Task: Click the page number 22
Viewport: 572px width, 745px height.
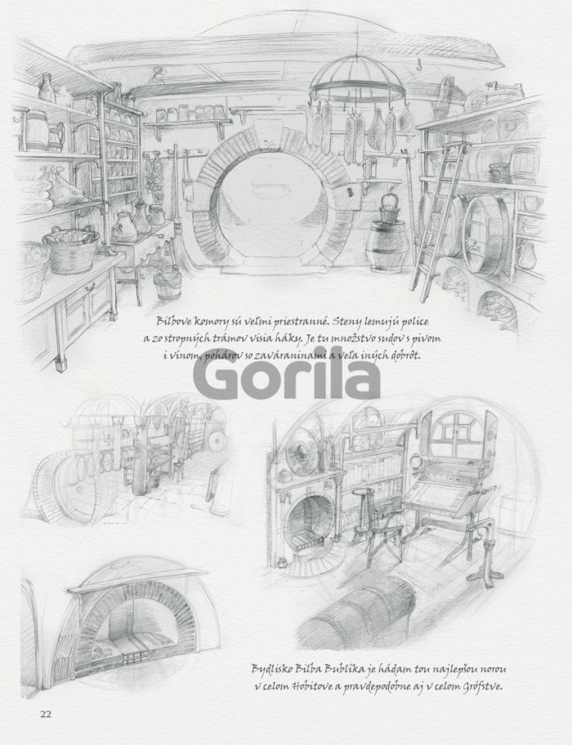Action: [46, 714]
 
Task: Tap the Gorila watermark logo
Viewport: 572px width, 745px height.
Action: [287, 380]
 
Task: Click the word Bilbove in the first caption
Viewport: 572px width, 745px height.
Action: [174, 322]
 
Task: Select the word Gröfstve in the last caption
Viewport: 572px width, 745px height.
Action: [482, 687]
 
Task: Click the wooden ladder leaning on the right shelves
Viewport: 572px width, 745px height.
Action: [438, 220]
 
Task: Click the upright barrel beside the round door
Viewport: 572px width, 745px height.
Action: [388, 246]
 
